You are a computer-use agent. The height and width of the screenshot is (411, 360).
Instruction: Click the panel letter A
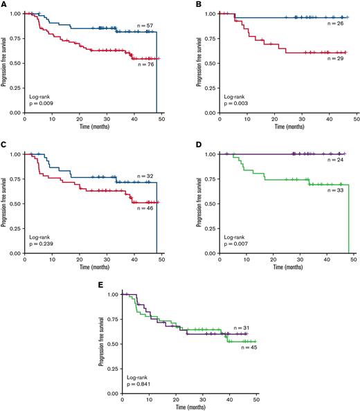pos(3,4)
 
